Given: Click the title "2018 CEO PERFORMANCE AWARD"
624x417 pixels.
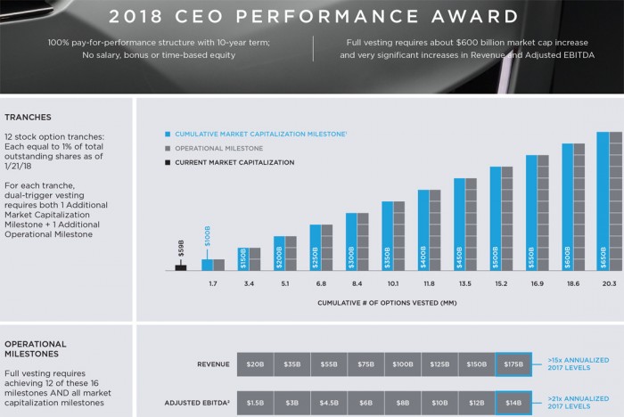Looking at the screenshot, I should [311, 16].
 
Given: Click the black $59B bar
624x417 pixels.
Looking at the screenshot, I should [180, 266].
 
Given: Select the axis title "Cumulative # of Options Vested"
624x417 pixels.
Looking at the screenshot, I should [388, 304].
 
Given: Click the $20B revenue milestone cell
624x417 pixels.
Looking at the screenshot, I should [256, 364].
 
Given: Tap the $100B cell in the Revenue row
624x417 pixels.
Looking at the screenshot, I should [402, 364].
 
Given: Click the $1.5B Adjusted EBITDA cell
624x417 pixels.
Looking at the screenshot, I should [256, 402].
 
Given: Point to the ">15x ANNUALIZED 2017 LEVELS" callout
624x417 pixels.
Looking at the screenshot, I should [575, 364].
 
